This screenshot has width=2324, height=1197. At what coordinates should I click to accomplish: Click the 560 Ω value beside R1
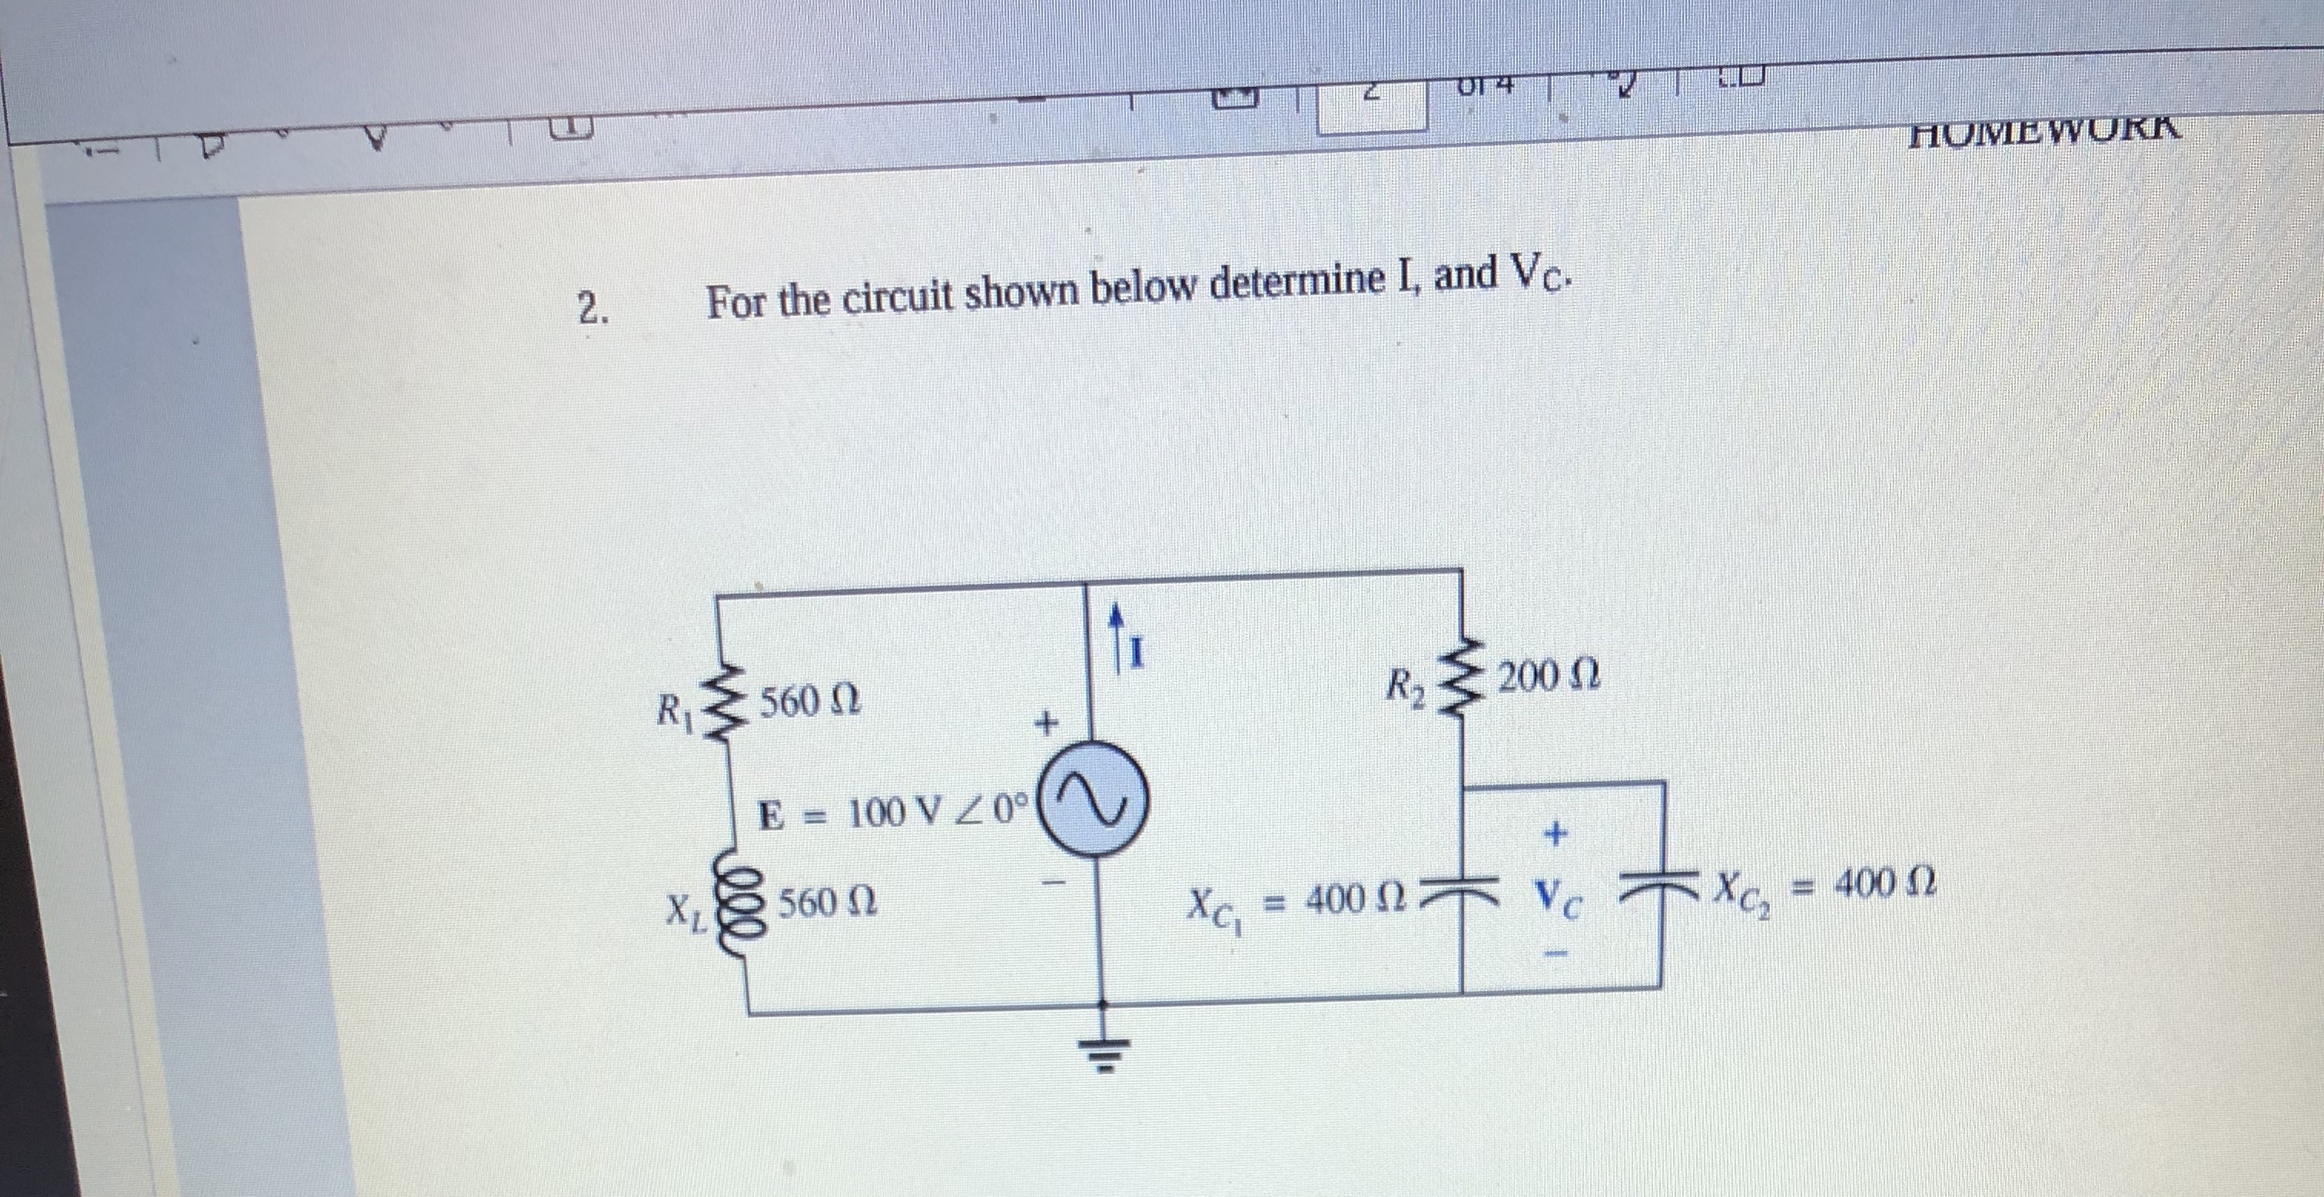(808, 701)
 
